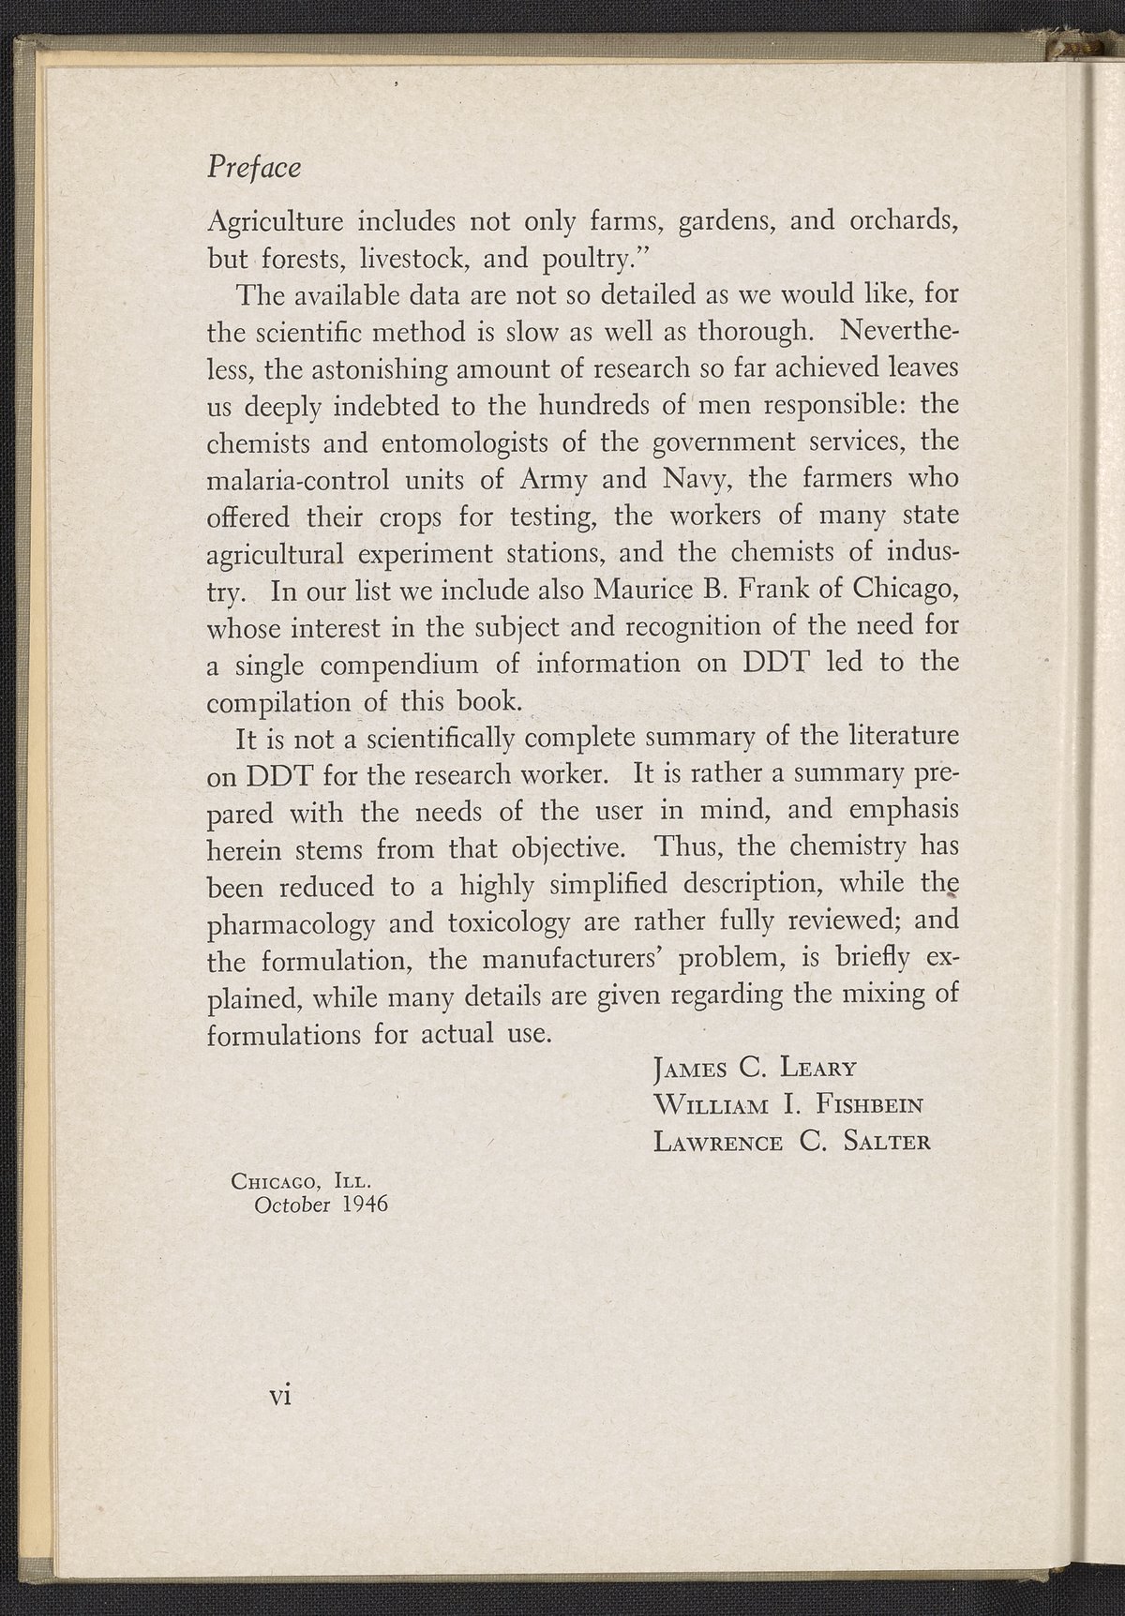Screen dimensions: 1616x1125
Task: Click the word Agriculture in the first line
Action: click(273, 222)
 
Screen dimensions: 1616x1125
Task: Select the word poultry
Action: click(577, 259)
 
